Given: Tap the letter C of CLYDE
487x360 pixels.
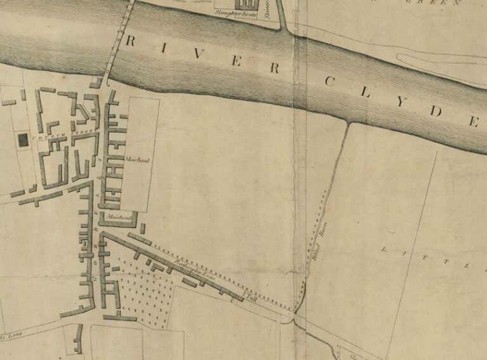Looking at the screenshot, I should click(x=330, y=81).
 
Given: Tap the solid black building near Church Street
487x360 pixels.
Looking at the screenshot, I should click(x=23, y=140).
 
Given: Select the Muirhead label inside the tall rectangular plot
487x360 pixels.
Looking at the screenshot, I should click(x=138, y=160).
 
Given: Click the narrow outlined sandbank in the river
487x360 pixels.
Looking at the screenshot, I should click(x=438, y=63).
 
